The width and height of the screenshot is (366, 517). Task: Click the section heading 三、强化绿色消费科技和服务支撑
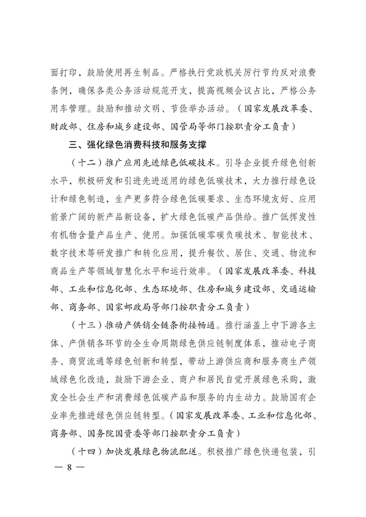tap(137, 146)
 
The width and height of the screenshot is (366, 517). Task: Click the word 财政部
tap(65, 127)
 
